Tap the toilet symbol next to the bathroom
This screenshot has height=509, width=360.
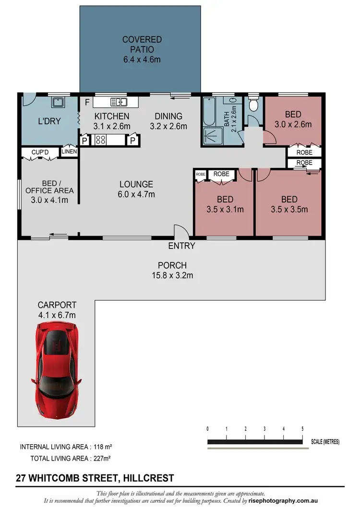[253, 104]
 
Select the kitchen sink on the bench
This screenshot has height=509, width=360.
[118, 102]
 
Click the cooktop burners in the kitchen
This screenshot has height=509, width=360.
[101, 140]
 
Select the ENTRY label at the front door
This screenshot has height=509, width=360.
[181, 246]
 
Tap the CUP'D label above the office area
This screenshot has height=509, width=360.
[40, 152]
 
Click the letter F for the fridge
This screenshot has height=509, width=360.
[87, 102]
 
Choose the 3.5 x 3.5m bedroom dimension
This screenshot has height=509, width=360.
[289, 210]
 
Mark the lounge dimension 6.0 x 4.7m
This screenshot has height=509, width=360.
[136, 194]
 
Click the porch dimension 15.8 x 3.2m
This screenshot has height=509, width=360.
[172, 275]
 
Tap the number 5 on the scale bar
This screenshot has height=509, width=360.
[302, 429]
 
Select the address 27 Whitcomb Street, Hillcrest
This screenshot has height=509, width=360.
[95, 478]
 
